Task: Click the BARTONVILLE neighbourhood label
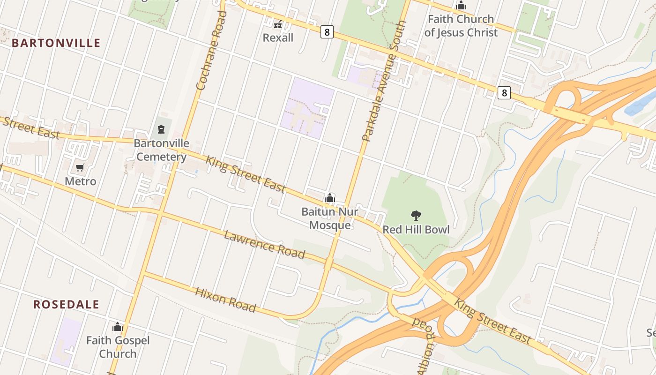(x=56, y=43)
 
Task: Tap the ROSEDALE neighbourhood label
(x=66, y=304)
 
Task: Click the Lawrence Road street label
(x=264, y=244)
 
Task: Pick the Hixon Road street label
(x=225, y=300)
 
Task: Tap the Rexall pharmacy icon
(x=278, y=23)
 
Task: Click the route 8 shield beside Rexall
(x=327, y=32)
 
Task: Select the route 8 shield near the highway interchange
(x=504, y=92)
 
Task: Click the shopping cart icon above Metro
(x=80, y=167)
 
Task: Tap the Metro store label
(x=80, y=181)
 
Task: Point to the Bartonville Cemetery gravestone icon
(x=161, y=129)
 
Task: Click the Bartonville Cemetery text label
(x=161, y=150)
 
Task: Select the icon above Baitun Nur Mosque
(x=330, y=198)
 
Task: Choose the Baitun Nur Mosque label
(x=330, y=218)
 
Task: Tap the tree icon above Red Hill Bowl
(x=416, y=216)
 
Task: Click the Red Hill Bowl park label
(x=416, y=230)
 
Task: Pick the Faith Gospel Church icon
(x=118, y=327)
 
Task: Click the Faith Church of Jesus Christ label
(x=461, y=26)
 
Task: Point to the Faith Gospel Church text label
(x=118, y=347)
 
